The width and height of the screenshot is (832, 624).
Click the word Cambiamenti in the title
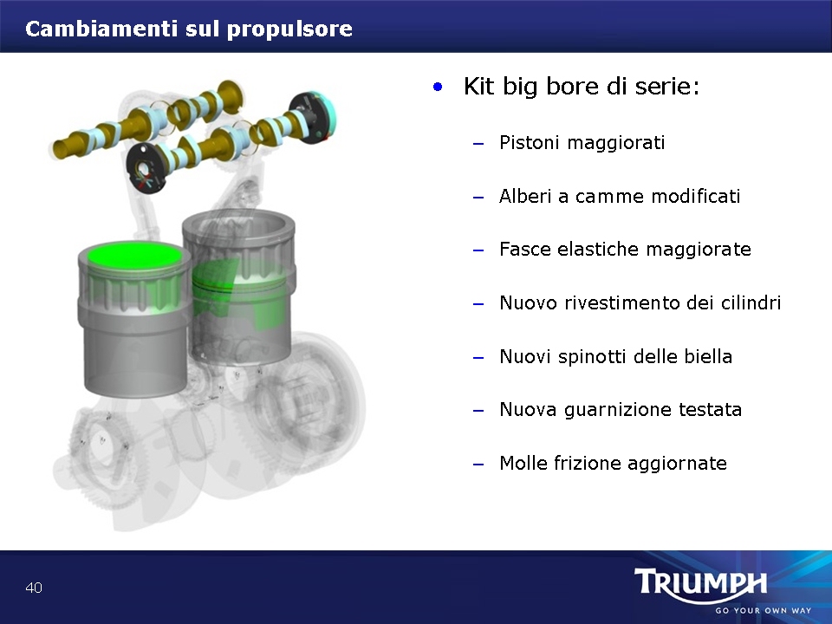coord(101,29)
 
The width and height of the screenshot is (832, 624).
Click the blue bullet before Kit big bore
coord(437,87)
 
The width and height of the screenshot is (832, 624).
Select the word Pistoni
coord(530,142)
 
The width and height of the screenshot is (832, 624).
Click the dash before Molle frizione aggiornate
coord(478,465)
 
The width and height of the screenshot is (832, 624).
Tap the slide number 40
coord(34,588)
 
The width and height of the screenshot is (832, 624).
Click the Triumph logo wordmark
coord(700,583)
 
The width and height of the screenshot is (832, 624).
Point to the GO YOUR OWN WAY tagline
coord(763,611)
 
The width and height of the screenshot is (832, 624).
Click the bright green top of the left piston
coord(133,256)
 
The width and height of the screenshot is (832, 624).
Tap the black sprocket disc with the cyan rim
coord(313,118)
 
